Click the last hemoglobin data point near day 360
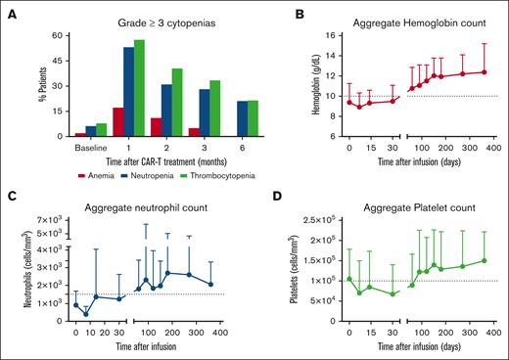[484, 71]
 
